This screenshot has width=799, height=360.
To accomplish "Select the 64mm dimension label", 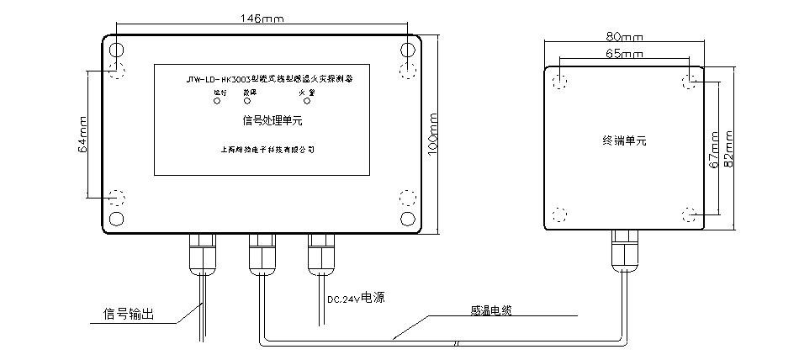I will tap(82, 134).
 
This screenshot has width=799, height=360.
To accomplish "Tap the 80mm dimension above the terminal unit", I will tap(623, 37).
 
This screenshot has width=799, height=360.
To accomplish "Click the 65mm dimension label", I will tap(623, 53).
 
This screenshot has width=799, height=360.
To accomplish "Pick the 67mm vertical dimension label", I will tap(712, 151).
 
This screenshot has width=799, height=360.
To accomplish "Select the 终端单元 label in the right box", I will tap(624, 140).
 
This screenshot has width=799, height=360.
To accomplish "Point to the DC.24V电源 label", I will tap(357, 299).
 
